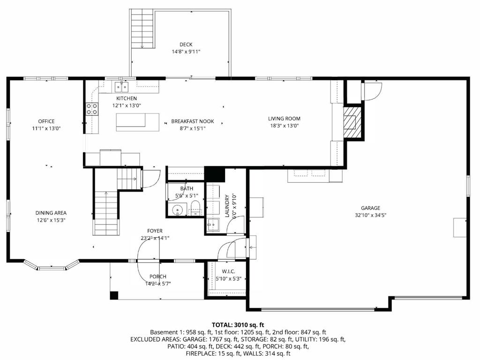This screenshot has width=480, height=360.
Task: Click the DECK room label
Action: [x=186, y=45]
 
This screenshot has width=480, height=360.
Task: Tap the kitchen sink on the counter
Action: [x=122, y=86]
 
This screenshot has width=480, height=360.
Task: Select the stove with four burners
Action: [x=92, y=109]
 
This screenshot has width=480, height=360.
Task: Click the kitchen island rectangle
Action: [x=137, y=122]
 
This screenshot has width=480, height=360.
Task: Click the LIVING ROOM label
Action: [x=284, y=119]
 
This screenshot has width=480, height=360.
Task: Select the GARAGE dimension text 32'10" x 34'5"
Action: [x=370, y=215]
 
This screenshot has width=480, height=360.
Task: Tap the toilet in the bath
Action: [x=195, y=209]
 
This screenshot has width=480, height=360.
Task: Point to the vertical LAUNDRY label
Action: [x=227, y=206]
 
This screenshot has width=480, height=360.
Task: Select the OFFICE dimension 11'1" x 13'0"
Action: [x=46, y=128]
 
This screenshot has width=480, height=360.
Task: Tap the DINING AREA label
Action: [x=52, y=213]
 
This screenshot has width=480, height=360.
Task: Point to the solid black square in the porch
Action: [x=114, y=295]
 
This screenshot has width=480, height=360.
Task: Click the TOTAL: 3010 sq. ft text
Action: [x=238, y=324]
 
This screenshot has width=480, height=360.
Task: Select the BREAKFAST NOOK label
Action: [x=192, y=121]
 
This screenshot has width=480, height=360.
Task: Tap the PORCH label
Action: [x=157, y=277]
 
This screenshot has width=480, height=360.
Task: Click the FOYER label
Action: [x=155, y=231]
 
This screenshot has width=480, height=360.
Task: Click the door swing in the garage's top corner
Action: [x=373, y=91]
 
